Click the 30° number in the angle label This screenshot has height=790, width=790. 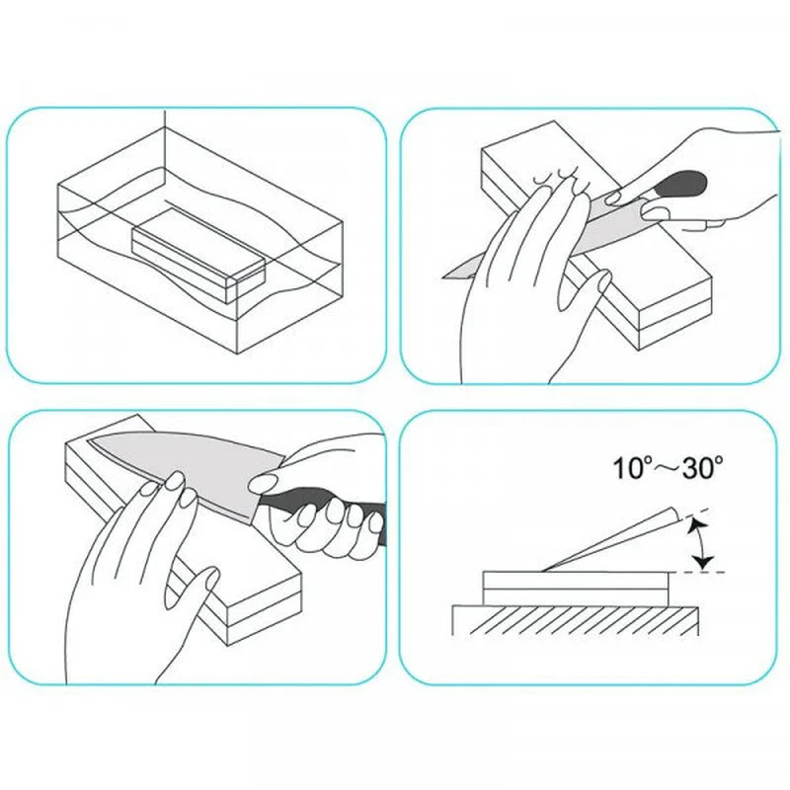click(703, 467)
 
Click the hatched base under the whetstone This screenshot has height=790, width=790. click(575, 620)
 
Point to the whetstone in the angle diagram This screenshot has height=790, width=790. click(576, 588)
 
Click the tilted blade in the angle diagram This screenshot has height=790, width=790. click(612, 540)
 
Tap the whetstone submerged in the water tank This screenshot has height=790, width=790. click(199, 257)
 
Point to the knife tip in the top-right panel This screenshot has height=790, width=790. click(443, 276)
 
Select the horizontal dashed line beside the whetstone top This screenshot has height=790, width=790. click(697, 573)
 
